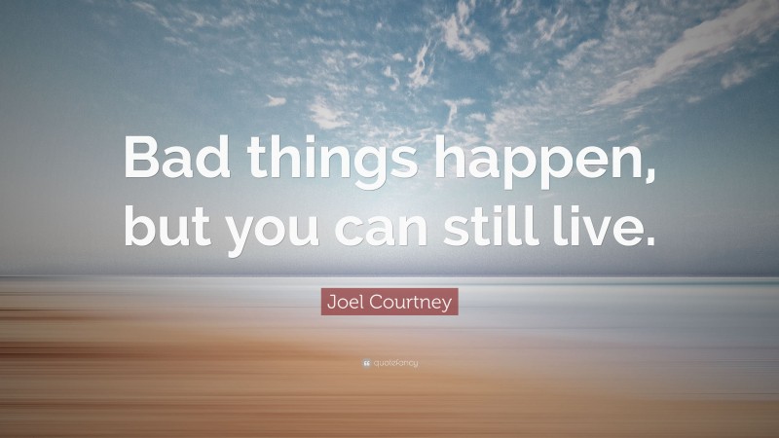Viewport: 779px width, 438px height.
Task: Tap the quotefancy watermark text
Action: (x=394, y=363)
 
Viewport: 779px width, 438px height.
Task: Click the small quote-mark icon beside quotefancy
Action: (x=365, y=363)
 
